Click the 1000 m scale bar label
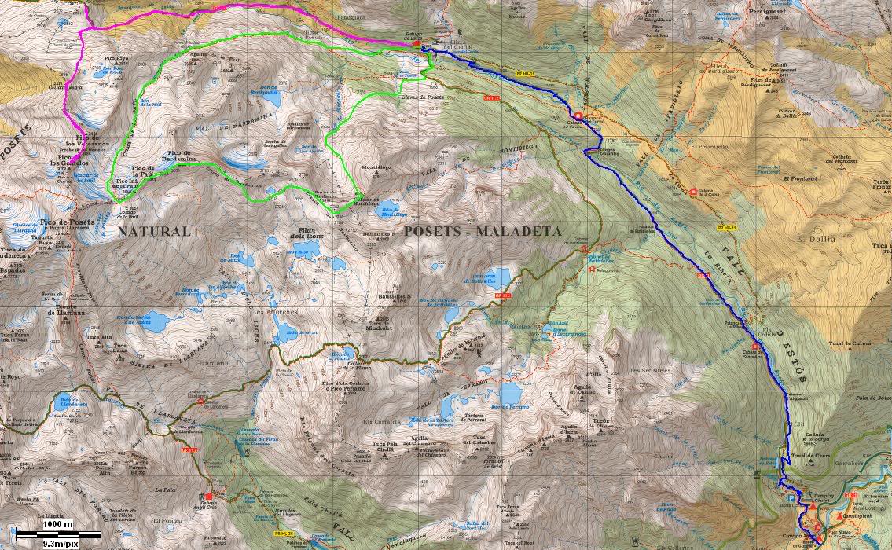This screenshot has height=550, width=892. pyautogui.click(x=57, y=524)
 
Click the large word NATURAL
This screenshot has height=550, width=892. pyautogui.click(x=154, y=231)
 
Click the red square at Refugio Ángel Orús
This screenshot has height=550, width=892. pyautogui.click(x=209, y=496)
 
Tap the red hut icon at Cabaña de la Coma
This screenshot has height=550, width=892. pyautogui.click(x=693, y=191)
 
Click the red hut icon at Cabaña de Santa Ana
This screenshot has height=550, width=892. pyautogui.click(x=755, y=346)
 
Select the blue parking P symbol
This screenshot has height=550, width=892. pyautogui.click(x=791, y=497)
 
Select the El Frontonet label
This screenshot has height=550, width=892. pyautogui.click(x=798, y=178)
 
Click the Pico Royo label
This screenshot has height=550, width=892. pyautogui.click(x=116, y=59)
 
